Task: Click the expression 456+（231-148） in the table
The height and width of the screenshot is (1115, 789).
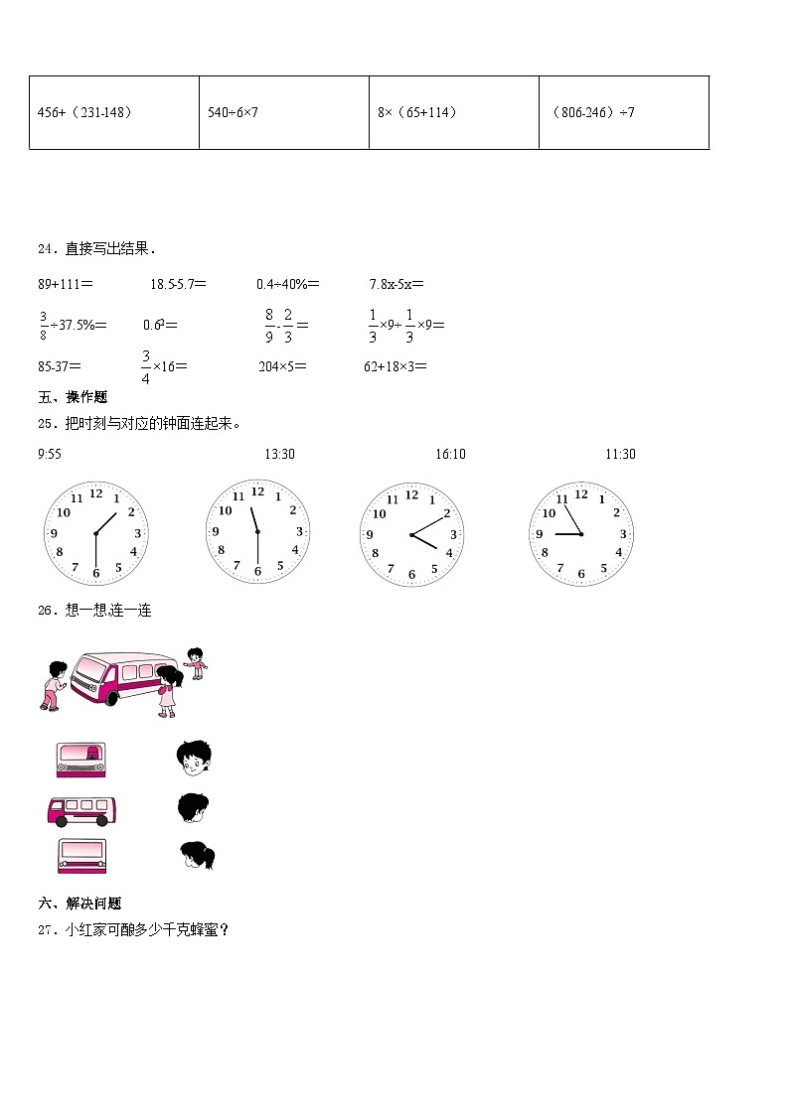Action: [x=84, y=113]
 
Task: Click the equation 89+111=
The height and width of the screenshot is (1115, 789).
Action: [x=66, y=285]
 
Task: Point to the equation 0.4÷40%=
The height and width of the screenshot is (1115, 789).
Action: [x=288, y=285]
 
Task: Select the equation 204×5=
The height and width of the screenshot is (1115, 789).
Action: [x=282, y=366]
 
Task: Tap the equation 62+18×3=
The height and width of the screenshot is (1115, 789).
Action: [x=395, y=366]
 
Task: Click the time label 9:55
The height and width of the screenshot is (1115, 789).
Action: [x=50, y=455]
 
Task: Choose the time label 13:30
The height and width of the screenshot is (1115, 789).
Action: [x=279, y=455]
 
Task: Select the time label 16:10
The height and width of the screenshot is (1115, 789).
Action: [x=450, y=455]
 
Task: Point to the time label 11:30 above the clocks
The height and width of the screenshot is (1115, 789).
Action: [x=620, y=455]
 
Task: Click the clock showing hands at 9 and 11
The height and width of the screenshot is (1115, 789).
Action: [x=581, y=534]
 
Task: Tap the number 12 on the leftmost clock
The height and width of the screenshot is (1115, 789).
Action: [x=96, y=492]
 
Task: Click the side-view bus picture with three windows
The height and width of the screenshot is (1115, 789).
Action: [x=82, y=810]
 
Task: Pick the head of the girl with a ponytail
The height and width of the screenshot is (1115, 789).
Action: [x=197, y=855]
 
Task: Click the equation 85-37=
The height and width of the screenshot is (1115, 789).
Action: [x=60, y=366]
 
